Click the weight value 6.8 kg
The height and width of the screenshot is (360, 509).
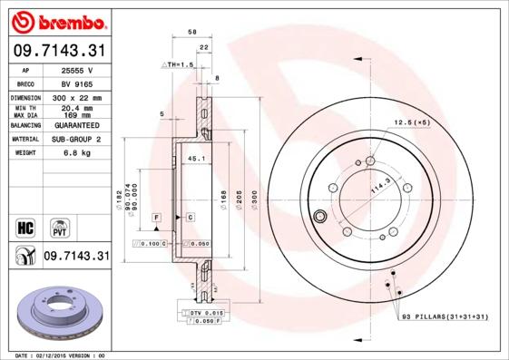pos(75,153)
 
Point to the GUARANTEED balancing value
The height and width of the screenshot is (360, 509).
pos(75,125)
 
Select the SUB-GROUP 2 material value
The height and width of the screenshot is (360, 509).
pos(75,140)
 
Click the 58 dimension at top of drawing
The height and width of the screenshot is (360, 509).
pos(191,33)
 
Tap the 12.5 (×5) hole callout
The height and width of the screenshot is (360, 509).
pos(410,121)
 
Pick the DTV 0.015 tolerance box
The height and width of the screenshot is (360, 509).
pos(205,312)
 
